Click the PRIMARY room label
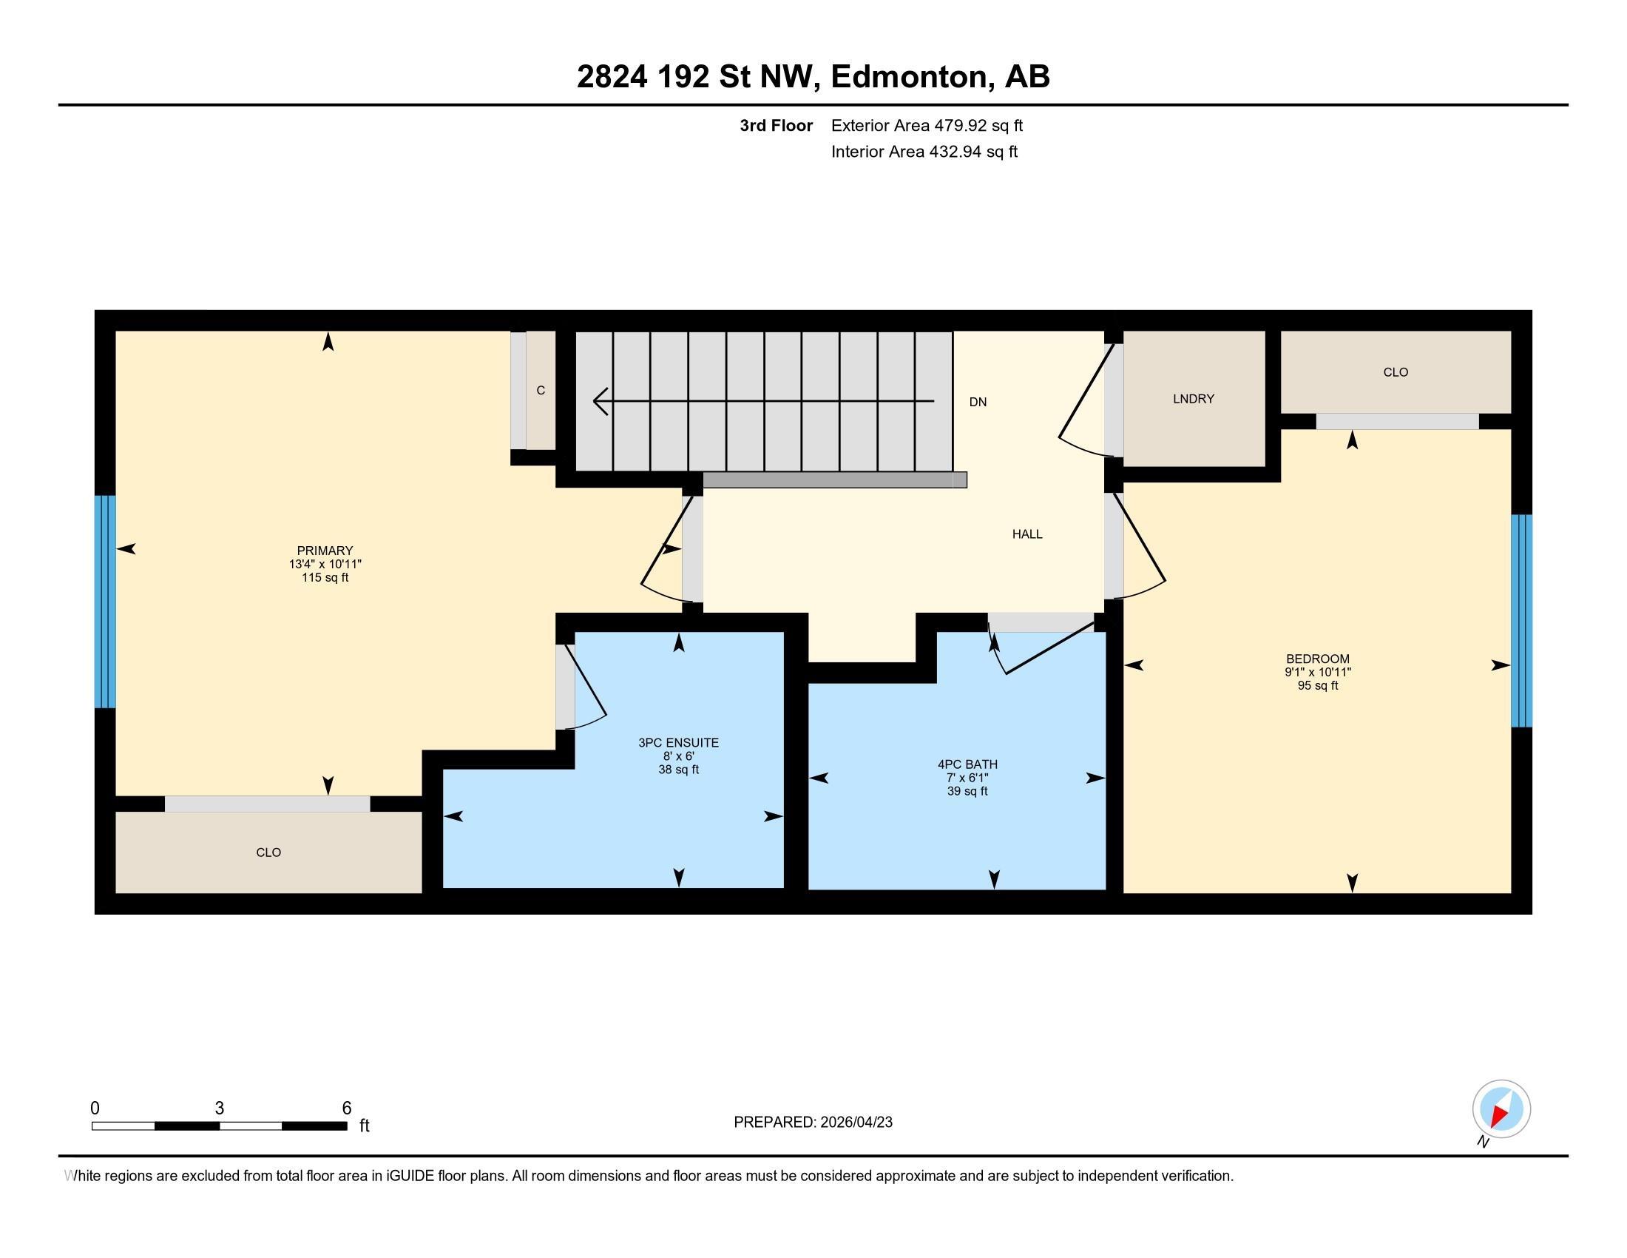(325, 551)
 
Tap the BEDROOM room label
(1317, 659)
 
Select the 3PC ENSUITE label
(678, 742)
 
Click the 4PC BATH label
(967, 764)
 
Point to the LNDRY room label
(1193, 399)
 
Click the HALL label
(1026, 534)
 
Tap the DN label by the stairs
(978, 402)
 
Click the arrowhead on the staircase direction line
(598, 402)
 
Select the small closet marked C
(541, 390)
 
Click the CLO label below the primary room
(268, 852)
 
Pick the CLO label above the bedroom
(1395, 372)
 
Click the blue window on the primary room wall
(105, 601)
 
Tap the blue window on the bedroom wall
(1521, 620)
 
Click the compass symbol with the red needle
(1501, 1109)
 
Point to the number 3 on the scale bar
(219, 1109)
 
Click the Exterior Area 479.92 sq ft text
(926, 125)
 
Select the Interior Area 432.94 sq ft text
(924, 151)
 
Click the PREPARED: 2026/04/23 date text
(812, 1123)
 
